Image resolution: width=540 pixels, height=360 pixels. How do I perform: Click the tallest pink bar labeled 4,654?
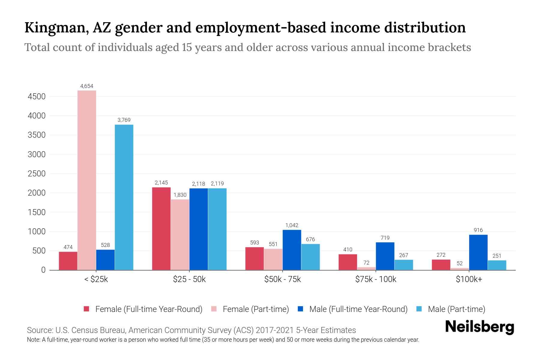click(x=87, y=180)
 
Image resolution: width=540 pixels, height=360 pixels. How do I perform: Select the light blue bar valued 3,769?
click(x=124, y=197)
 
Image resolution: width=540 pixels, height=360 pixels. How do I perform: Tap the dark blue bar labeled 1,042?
click(x=292, y=250)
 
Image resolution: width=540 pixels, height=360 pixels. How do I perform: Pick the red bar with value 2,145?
click(x=161, y=229)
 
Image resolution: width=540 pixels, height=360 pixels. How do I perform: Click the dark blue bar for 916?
click(x=478, y=252)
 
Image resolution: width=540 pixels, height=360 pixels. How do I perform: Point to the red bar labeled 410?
click(x=348, y=262)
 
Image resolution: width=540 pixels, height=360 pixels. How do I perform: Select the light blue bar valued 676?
click(x=310, y=257)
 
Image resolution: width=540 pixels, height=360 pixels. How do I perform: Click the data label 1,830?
click(x=180, y=195)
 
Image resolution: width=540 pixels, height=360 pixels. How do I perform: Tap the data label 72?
click(x=366, y=263)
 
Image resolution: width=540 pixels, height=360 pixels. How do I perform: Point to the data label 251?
click(x=497, y=256)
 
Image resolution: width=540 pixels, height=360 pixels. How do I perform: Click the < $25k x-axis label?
click(x=96, y=279)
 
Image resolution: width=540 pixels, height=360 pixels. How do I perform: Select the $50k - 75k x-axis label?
click(x=282, y=279)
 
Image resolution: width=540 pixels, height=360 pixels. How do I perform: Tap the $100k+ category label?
click(x=469, y=279)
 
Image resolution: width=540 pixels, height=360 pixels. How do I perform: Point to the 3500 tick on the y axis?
click(x=37, y=135)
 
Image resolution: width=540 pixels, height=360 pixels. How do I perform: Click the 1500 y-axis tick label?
click(x=37, y=212)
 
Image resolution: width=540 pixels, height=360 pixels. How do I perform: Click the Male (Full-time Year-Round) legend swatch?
click(x=300, y=309)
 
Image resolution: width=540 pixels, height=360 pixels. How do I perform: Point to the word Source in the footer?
click(x=39, y=330)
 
